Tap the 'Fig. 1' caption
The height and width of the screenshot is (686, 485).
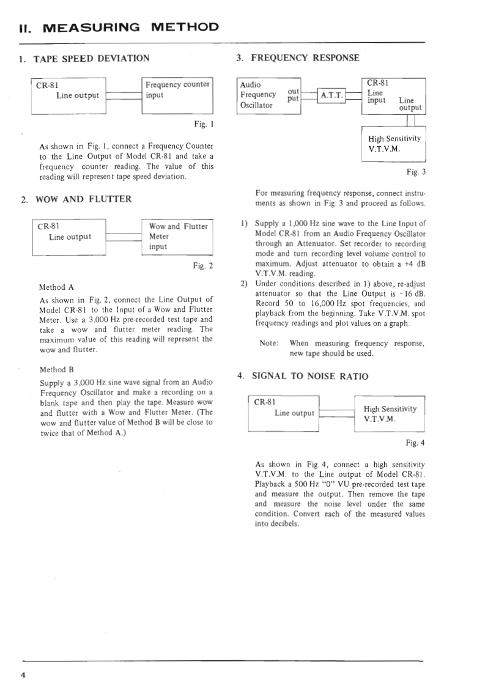click(x=204, y=124)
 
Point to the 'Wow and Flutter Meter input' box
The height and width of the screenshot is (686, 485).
click(x=177, y=237)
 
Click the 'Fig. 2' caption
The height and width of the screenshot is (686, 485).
click(x=203, y=266)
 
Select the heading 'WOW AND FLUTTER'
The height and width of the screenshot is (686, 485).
click(x=83, y=199)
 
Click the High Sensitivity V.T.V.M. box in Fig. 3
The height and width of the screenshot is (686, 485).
click(x=393, y=144)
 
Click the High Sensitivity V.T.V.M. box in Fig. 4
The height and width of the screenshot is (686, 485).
click(x=389, y=414)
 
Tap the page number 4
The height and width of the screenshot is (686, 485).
click(x=23, y=675)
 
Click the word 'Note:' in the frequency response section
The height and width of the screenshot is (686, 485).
click(x=270, y=343)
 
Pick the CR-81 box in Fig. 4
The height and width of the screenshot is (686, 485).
click(x=284, y=413)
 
